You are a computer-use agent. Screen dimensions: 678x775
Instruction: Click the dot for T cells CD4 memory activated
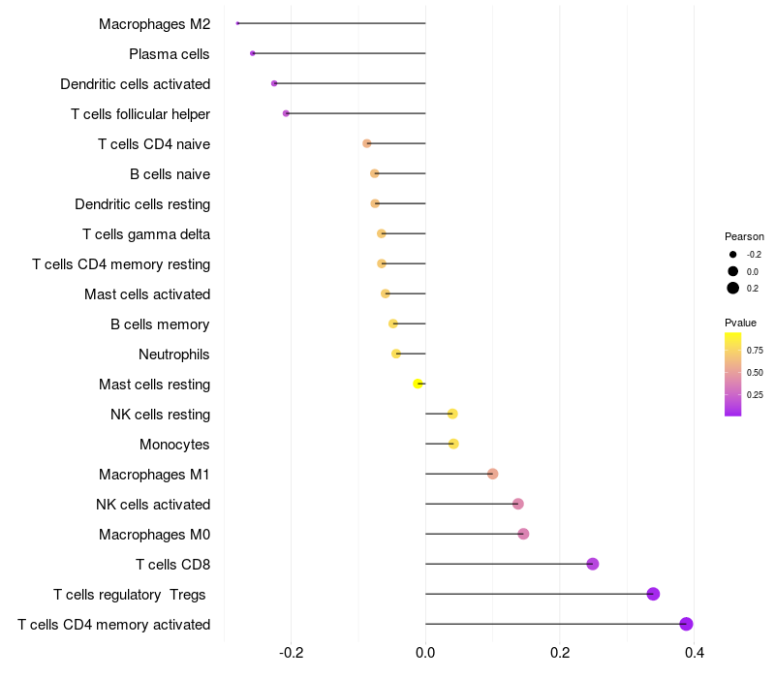(x=686, y=624)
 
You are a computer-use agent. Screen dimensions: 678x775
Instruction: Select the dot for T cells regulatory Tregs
(x=653, y=594)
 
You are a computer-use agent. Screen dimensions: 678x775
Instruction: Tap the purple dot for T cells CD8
(x=593, y=564)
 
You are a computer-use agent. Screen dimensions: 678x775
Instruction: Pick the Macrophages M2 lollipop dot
(x=237, y=23)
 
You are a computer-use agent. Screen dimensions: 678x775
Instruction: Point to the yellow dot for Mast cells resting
(x=418, y=384)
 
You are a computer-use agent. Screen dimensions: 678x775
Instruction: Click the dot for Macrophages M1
(x=493, y=474)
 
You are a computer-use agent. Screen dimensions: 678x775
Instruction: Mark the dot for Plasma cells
(x=253, y=53)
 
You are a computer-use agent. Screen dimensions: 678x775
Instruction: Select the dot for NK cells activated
(x=518, y=504)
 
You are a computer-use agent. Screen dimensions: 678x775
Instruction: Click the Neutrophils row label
(x=174, y=354)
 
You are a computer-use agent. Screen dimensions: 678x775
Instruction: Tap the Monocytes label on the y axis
(x=175, y=445)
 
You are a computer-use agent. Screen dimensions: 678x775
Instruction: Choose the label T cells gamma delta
(x=146, y=234)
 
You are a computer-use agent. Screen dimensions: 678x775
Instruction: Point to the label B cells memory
(x=160, y=324)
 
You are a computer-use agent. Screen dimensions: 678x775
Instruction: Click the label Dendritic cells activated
(x=136, y=84)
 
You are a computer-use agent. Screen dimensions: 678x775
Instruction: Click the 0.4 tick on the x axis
(x=694, y=653)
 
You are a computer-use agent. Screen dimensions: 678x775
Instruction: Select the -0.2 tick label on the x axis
(x=291, y=653)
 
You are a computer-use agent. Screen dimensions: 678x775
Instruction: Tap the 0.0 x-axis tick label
(x=425, y=653)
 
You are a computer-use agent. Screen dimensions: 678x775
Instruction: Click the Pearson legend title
(x=744, y=236)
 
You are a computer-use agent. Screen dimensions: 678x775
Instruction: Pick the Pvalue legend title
(x=740, y=323)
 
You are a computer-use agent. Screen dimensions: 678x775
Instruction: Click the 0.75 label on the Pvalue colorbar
(x=755, y=350)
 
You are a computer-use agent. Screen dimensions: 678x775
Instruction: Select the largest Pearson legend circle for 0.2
(x=733, y=288)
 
